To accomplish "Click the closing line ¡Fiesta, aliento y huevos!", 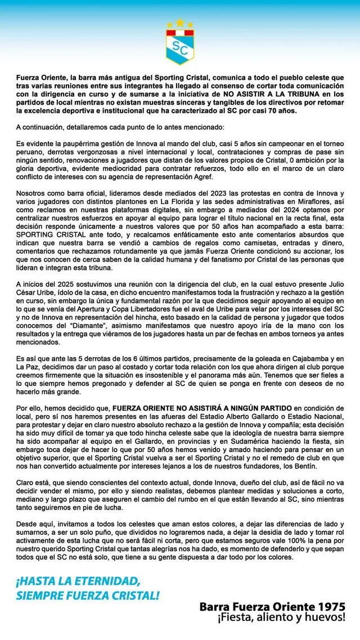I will pyautogui.click(x=281, y=618).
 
